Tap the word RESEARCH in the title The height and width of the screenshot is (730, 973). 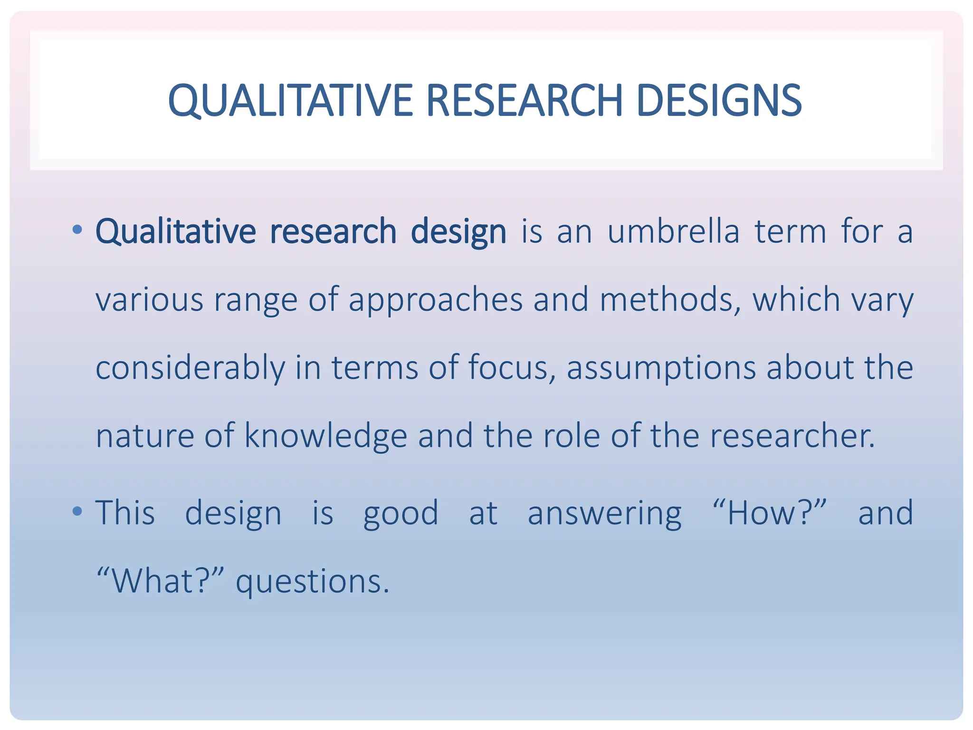pyautogui.click(x=525, y=101)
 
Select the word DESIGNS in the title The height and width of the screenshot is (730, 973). pyautogui.click(x=719, y=101)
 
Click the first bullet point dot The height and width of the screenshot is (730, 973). pyautogui.click(x=77, y=231)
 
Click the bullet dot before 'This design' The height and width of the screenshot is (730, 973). pyautogui.click(x=77, y=512)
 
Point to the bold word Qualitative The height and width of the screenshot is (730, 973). pyautogui.click(x=176, y=232)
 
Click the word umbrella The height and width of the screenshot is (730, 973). pyautogui.click(x=674, y=232)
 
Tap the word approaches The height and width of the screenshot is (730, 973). pyautogui.click(x=435, y=300)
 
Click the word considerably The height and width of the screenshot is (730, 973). pyautogui.click(x=190, y=368)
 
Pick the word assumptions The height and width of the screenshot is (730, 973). pyautogui.click(x=661, y=368)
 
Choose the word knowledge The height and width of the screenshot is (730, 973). pyautogui.click(x=326, y=436)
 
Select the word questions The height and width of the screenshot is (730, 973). pyautogui.click(x=312, y=582)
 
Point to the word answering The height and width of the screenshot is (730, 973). pyautogui.click(x=604, y=514)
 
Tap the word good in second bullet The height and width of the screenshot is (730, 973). pyautogui.click(x=401, y=514)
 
